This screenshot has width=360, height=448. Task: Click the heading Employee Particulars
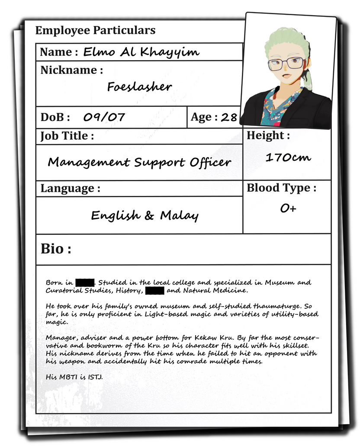click(x=95, y=31)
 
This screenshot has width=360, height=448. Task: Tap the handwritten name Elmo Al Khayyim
click(x=141, y=53)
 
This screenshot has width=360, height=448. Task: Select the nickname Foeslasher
click(x=139, y=87)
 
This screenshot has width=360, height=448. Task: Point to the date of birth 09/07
click(x=104, y=117)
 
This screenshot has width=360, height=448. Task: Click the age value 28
click(x=229, y=117)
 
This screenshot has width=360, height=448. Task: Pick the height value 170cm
click(x=288, y=157)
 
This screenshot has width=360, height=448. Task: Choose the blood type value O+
click(x=288, y=208)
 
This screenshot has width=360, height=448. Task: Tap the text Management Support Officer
click(x=139, y=163)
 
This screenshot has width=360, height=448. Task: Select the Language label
click(x=70, y=189)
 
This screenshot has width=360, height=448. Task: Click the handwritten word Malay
click(x=179, y=215)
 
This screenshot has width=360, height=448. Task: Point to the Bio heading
click(x=56, y=249)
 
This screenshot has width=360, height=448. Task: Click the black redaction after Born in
click(x=85, y=282)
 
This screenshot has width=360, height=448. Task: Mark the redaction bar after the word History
click(x=154, y=290)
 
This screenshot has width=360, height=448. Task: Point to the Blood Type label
click(x=281, y=189)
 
